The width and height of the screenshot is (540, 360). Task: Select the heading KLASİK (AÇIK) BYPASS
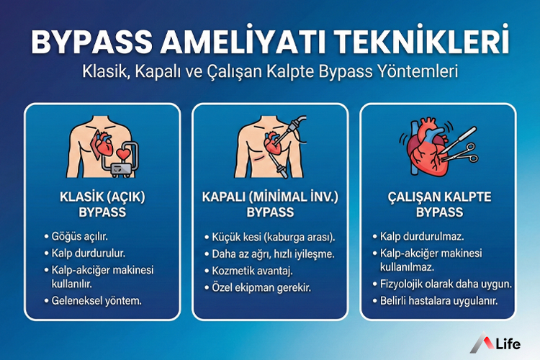pos(102,204)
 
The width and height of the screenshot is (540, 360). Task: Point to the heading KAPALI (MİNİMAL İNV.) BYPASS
pos(270,204)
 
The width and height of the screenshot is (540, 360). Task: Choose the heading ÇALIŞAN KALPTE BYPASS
pos(438,204)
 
